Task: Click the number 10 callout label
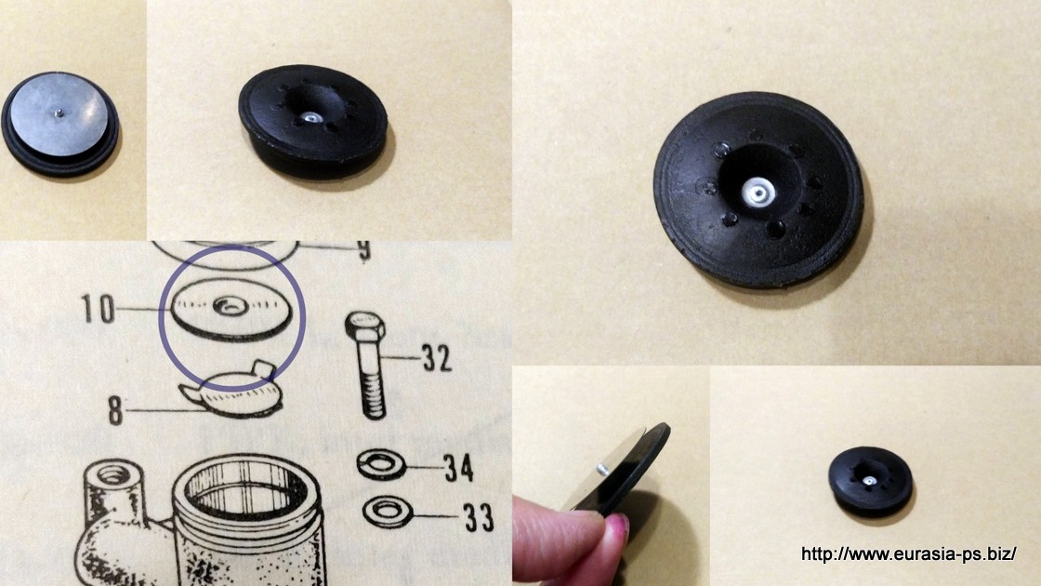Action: tap(98, 309)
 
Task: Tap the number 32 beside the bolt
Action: tap(437, 359)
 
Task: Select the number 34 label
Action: tap(459, 469)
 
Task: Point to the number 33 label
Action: tap(479, 517)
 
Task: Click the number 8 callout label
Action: tap(115, 411)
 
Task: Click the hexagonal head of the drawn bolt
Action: tap(364, 325)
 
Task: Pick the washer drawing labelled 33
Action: tap(388, 513)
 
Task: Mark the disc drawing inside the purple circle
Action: tap(231, 311)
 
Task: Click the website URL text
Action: tap(908, 553)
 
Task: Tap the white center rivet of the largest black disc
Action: tap(758, 193)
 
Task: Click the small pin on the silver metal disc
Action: tap(59, 113)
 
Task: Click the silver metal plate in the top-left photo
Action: tap(59, 115)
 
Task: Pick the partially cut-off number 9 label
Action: tap(363, 250)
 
